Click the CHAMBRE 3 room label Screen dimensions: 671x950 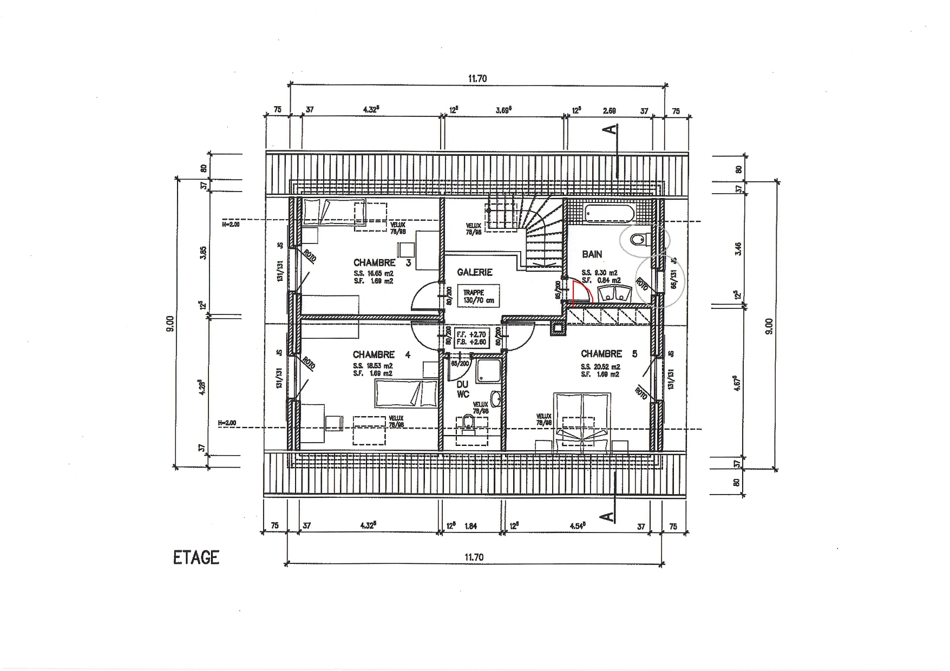[382, 263]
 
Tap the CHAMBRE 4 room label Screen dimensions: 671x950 [382, 355]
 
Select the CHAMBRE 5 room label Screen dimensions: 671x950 [609, 354]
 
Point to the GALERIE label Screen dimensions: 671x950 [474, 272]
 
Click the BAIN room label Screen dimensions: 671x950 [592, 254]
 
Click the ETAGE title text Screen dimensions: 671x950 [196, 558]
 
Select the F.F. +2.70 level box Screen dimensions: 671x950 [472, 339]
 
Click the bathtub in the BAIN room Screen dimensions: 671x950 [609, 213]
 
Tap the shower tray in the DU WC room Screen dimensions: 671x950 [488, 371]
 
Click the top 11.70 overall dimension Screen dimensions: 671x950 [477, 79]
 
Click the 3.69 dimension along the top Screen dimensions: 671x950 [503, 110]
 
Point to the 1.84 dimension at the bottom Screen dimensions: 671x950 [470, 527]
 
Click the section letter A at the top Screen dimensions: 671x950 [611, 129]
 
